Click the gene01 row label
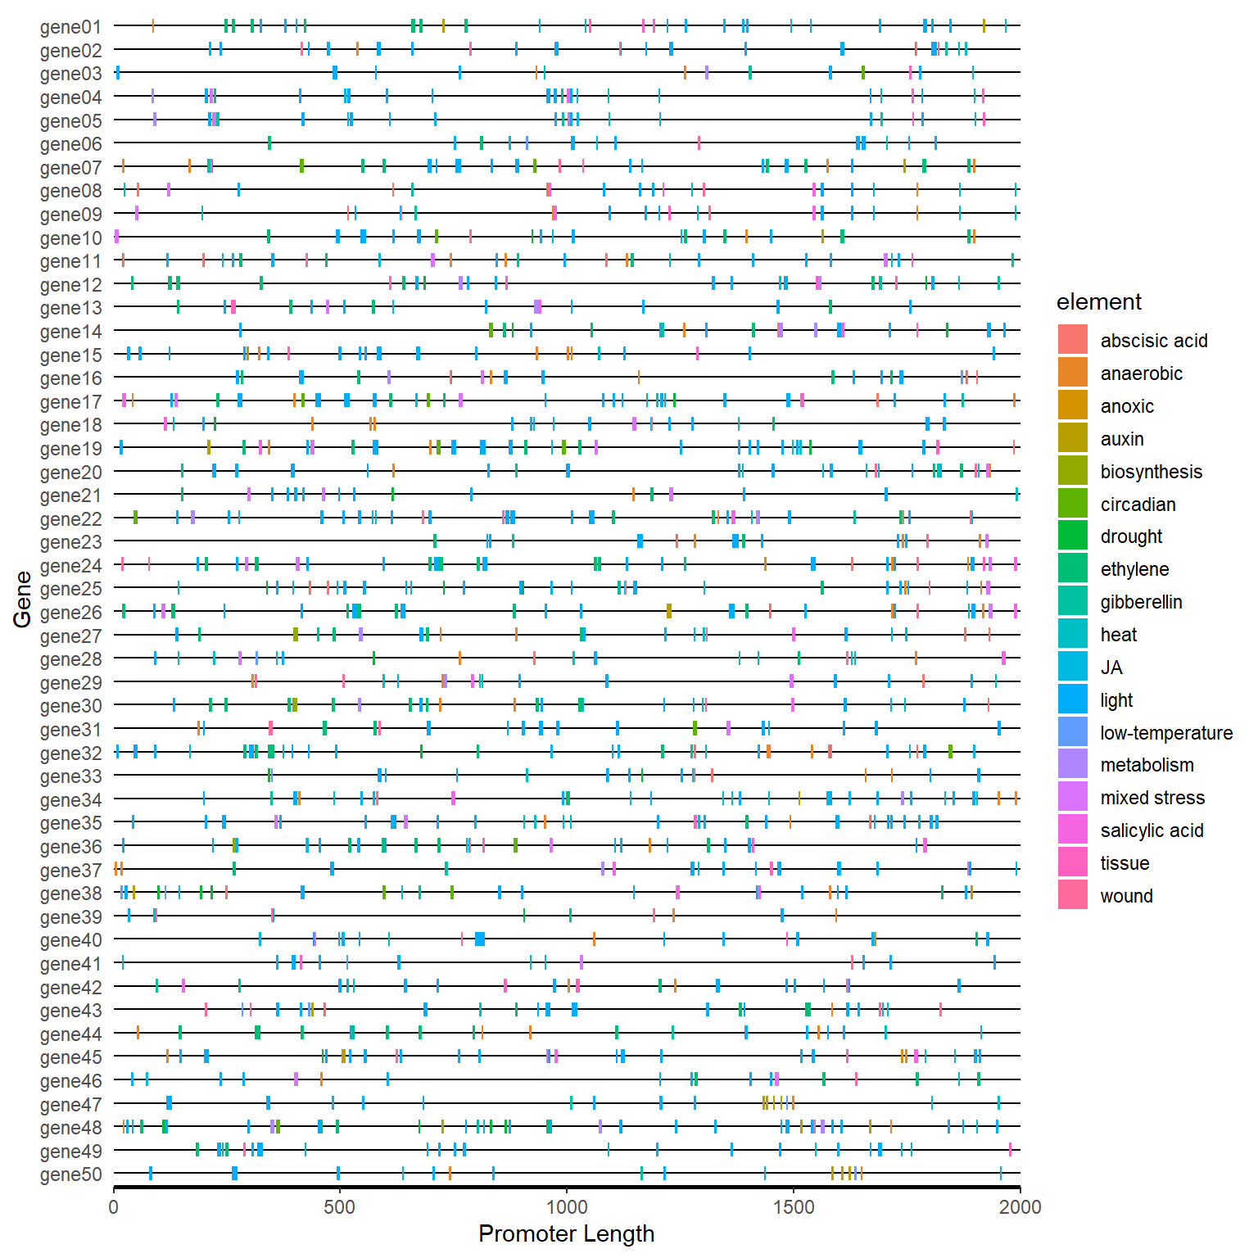point(70,27)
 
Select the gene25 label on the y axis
point(70,590)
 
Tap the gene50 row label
point(70,1175)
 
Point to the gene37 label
point(70,871)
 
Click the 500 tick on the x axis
point(339,1206)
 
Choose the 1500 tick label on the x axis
point(793,1206)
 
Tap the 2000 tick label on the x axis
point(1020,1206)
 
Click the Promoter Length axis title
point(566,1233)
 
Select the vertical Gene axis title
point(22,600)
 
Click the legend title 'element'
point(1098,302)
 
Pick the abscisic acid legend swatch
point(1072,340)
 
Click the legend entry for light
point(1116,700)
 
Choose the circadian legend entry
point(1138,505)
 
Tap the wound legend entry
point(1126,896)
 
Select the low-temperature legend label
point(1166,733)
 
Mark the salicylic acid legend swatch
point(1072,830)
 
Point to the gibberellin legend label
point(1141,602)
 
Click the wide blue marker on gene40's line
point(480,939)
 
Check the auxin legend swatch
point(1072,438)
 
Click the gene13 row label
point(70,308)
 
